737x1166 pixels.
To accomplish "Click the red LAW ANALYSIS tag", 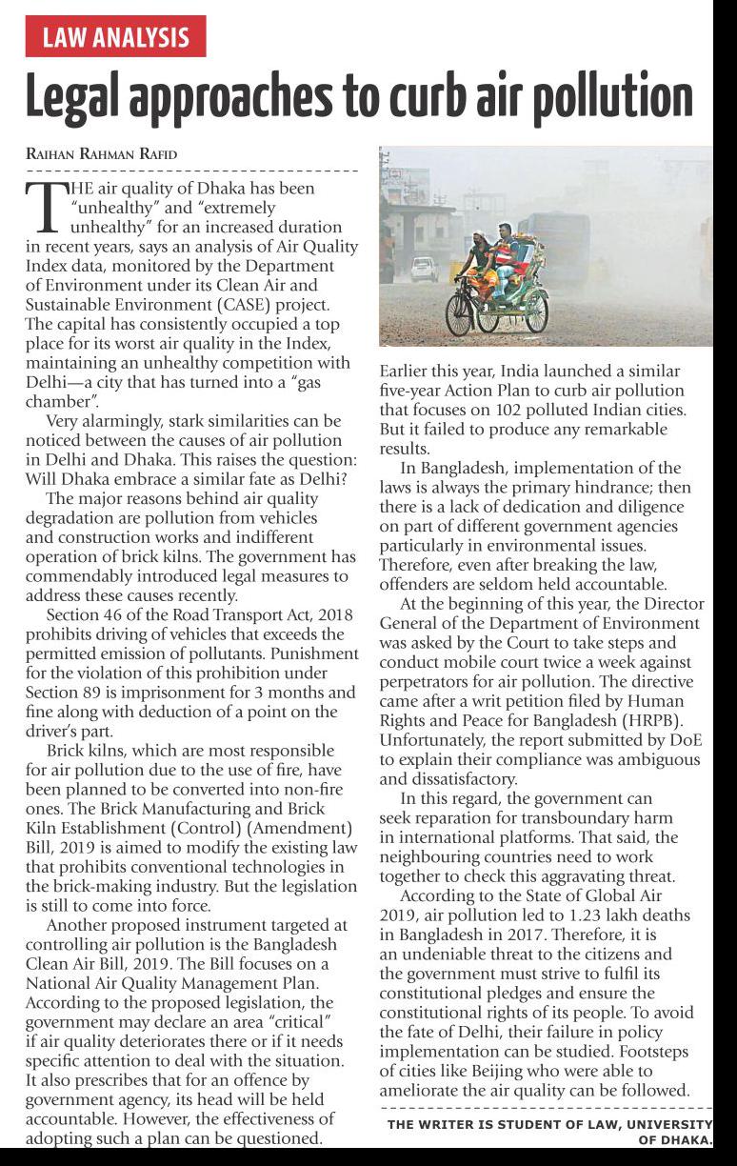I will pos(115,37).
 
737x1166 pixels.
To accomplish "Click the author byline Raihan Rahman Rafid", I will pos(100,154).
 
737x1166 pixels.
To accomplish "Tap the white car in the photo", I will pos(424,271).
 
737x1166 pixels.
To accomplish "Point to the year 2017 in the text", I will pos(549,935).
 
